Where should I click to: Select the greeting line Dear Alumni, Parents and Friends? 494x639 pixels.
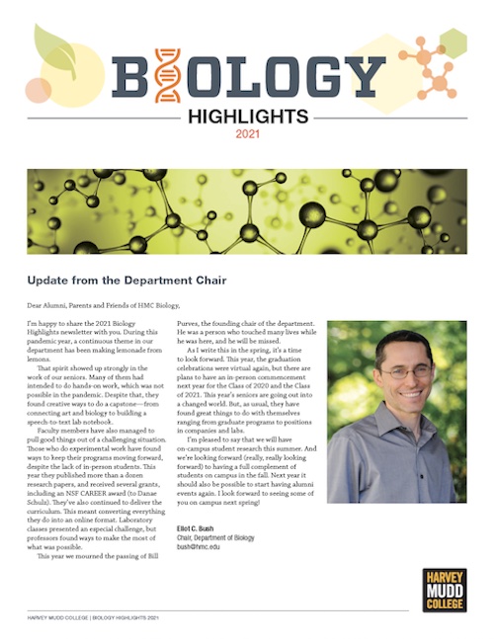(92, 303)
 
